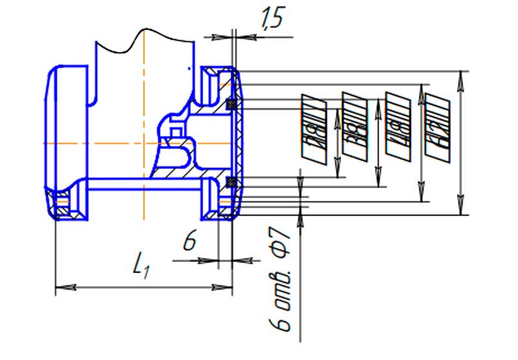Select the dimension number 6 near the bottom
click(189, 242)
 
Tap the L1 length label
click(142, 265)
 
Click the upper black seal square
click(231, 103)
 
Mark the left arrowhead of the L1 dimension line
click(61, 286)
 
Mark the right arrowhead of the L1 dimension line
click(227, 286)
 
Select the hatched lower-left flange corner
click(65, 206)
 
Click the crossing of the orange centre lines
click(144, 141)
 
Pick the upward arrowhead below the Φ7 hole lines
click(300, 217)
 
